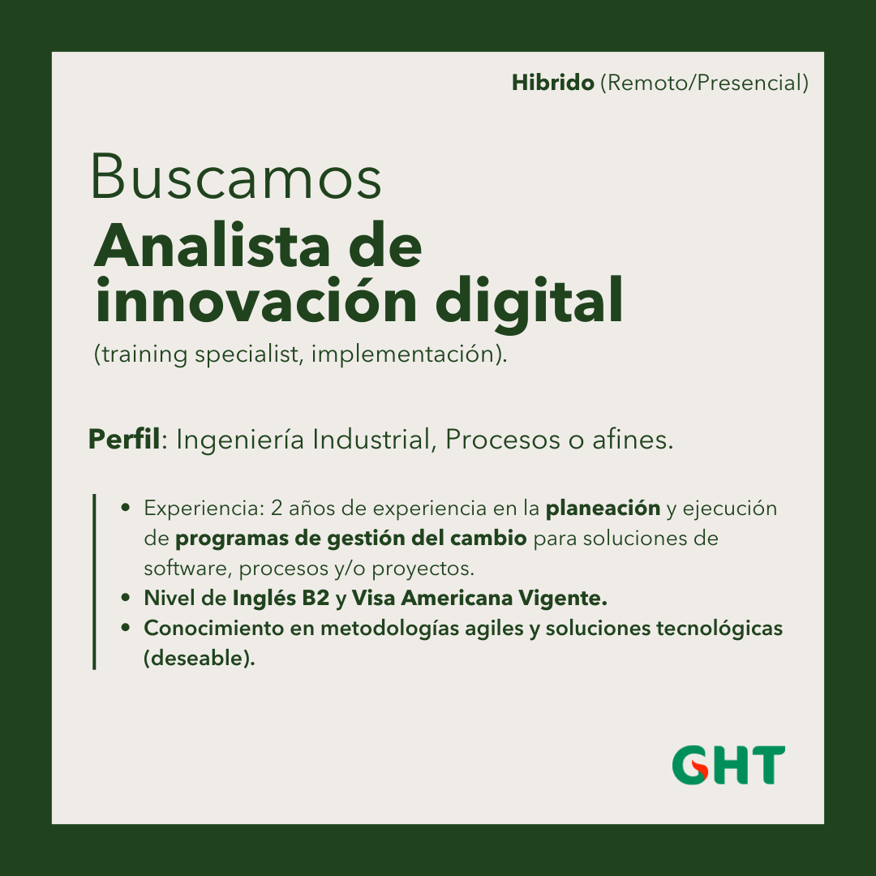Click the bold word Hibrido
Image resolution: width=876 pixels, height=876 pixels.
click(x=552, y=83)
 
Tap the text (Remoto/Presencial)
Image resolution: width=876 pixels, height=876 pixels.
click(x=705, y=83)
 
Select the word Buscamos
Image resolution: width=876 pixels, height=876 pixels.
click(x=236, y=176)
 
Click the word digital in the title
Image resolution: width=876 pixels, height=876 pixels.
click(x=529, y=302)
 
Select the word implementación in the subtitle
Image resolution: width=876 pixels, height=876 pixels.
click(x=403, y=354)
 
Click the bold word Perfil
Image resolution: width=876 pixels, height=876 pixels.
click(x=124, y=439)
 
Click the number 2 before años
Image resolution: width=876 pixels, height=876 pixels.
click(x=277, y=509)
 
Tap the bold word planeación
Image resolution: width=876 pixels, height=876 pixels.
click(x=603, y=509)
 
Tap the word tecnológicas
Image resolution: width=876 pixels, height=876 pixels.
click(x=719, y=629)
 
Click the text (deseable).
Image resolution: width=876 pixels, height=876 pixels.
click(x=200, y=658)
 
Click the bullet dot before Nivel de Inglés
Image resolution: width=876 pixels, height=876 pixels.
click(x=126, y=598)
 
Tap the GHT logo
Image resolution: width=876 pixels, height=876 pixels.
click(x=728, y=764)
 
